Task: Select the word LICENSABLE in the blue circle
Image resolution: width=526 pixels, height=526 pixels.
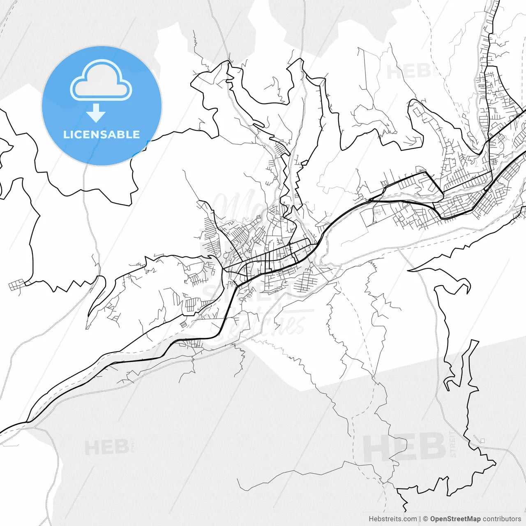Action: pyautogui.click(x=102, y=134)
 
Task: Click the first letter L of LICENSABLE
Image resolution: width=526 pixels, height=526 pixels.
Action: pyautogui.click(x=66, y=134)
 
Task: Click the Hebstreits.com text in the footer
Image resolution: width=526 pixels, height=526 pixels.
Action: pyautogui.click(x=392, y=519)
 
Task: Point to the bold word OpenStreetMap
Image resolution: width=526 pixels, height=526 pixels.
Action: pyautogui.click(x=455, y=519)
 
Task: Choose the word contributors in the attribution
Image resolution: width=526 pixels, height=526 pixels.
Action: pyautogui.click(x=501, y=519)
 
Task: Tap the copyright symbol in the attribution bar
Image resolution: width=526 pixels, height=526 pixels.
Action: pyautogui.click(x=426, y=519)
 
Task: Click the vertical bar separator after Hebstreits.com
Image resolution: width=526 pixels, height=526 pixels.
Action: pyautogui.click(x=420, y=519)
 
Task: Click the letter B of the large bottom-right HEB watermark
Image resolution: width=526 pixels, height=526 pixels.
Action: pyautogui.click(x=431, y=447)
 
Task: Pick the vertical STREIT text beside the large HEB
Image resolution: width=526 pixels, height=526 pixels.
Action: pyautogui.click(x=453, y=444)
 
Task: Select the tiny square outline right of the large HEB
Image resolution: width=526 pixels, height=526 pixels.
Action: pyautogui.click(x=482, y=441)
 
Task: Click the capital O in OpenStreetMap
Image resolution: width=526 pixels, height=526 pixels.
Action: pyautogui.click(x=433, y=519)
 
